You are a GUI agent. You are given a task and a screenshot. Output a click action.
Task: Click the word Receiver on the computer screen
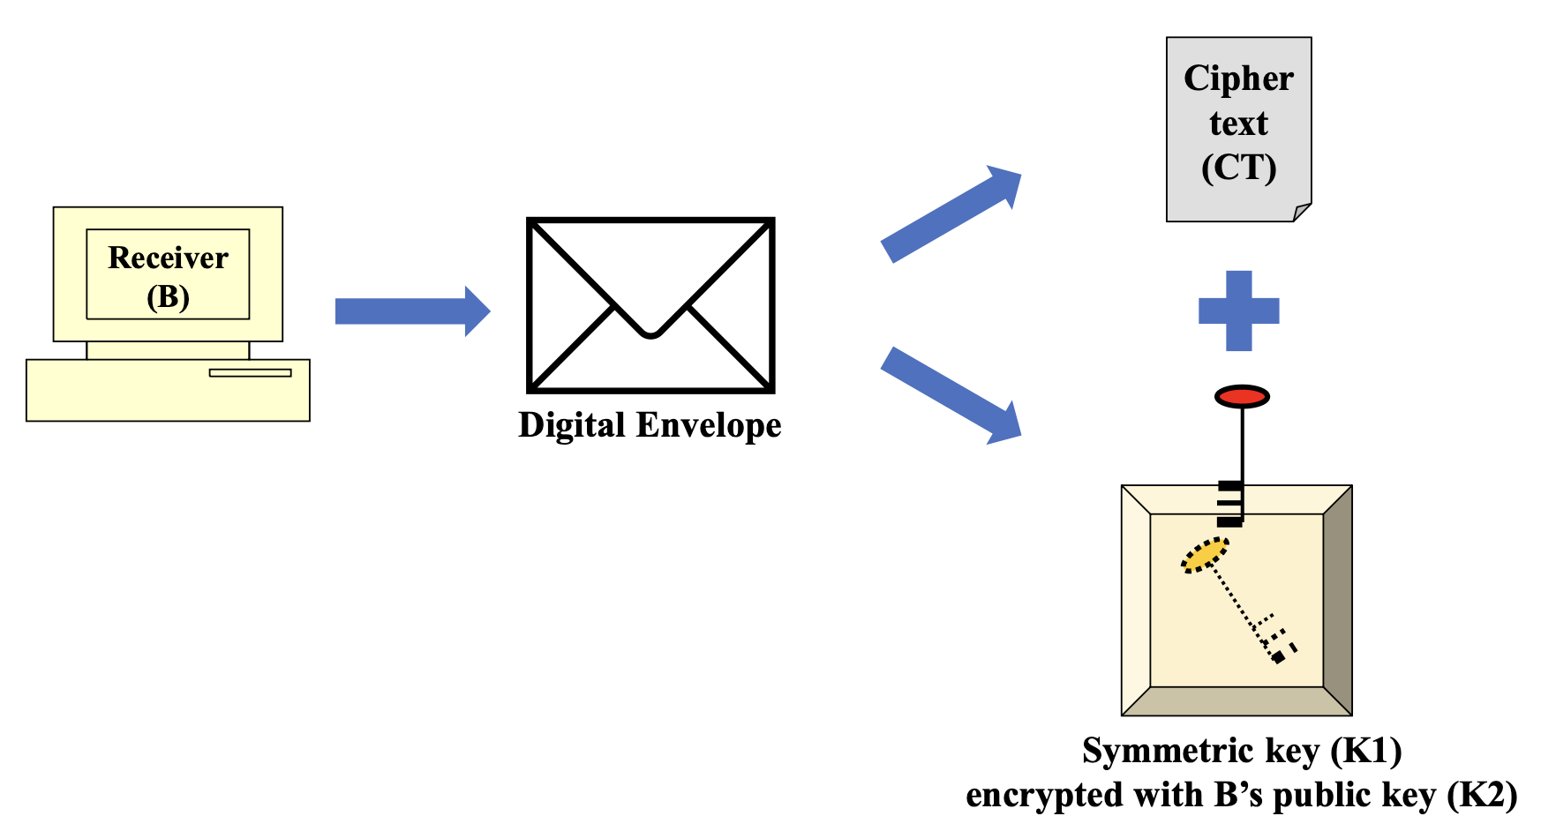click(x=168, y=258)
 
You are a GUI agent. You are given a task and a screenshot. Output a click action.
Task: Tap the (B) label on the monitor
click(x=168, y=297)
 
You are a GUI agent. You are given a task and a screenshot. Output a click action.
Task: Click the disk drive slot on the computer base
click(x=250, y=372)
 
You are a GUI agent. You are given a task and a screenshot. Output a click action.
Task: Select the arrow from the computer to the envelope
click(x=411, y=311)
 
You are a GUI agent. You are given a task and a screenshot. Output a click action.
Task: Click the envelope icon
click(x=650, y=304)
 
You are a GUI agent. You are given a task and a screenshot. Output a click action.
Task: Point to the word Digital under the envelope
click(x=572, y=425)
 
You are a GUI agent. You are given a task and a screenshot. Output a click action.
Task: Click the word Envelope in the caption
click(x=709, y=425)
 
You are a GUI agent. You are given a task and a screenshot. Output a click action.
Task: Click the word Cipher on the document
click(x=1238, y=79)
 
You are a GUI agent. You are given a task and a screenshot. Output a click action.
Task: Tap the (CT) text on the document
click(x=1238, y=168)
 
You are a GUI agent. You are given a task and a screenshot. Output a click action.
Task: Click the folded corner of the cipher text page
click(x=1302, y=213)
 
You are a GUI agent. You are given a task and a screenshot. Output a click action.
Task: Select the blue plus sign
click(x=1238, y=311)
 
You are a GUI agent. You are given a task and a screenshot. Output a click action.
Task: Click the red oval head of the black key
click(x=1242, y=396)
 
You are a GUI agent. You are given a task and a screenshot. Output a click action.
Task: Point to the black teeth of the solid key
click(x=1229, y=504)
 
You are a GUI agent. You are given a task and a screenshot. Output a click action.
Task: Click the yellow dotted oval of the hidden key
click(x=1205, y=556)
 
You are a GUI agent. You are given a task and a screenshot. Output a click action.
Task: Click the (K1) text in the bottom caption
click(x=1366, y=751)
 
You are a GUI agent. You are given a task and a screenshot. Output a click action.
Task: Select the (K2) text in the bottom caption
click(x=1482, y=795)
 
